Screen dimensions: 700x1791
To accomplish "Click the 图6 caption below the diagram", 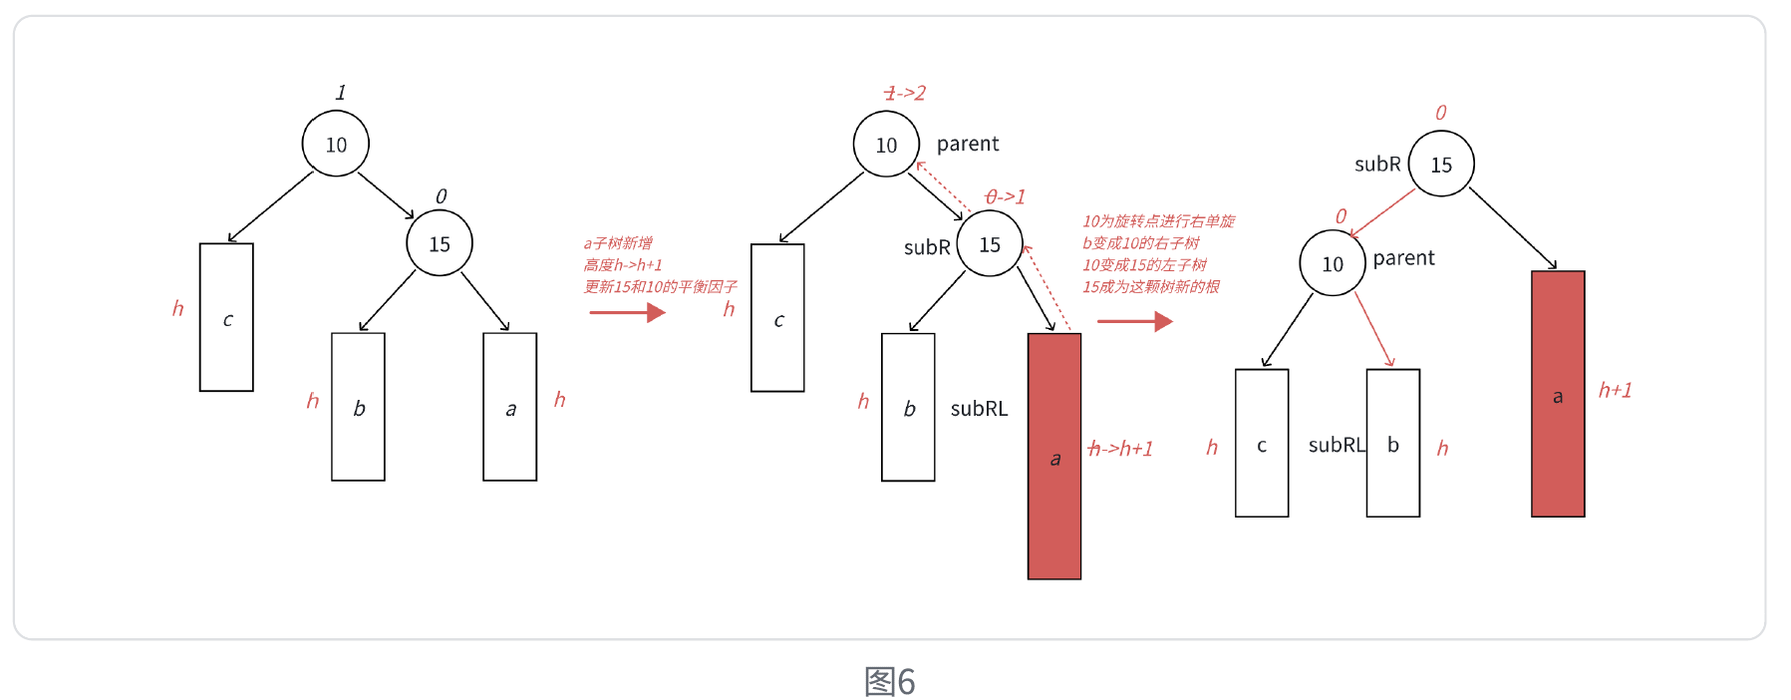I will [889, 682].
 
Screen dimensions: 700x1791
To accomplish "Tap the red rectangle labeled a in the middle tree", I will [1053, 456].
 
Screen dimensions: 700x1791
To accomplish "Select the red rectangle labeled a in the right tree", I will [1557, 394].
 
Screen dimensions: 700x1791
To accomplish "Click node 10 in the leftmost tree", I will [336, 145].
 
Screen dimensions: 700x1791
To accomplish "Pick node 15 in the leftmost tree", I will [440, 244].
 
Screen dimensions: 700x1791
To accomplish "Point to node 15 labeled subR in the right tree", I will [1441, 165].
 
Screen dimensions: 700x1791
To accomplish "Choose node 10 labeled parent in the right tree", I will [1333, 264].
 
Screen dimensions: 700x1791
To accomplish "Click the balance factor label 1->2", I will [905, 94].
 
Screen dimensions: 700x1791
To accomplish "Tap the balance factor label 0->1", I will [1005, 197].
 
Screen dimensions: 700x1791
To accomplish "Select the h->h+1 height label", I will [1120, 450].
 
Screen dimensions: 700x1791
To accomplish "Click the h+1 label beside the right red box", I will [1615, 391].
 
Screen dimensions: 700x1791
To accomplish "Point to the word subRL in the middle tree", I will [979, 409].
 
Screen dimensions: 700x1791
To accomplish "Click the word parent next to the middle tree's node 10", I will [968, 145].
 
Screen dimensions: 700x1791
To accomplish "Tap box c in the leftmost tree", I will [226, 317].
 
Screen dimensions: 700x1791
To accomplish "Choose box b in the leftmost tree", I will [358, 407].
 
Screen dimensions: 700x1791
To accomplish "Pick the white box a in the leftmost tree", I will [509, 407].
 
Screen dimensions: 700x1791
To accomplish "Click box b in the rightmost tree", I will [1392, 444].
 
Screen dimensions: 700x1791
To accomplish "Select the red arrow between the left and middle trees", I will [627, 313].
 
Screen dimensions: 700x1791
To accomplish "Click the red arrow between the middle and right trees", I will [1134, 321].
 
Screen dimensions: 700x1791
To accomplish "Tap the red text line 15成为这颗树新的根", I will [1151, 287].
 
